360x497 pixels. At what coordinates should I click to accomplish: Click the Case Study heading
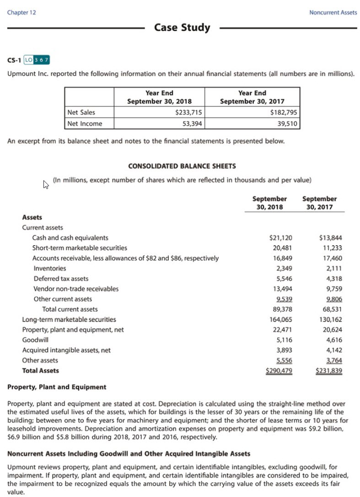(x=182, y=27)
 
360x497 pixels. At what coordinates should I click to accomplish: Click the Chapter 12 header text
(x=21, y=12)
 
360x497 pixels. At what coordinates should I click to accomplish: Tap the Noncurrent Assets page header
(x=333, y=12)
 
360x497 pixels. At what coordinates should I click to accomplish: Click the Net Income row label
(x=85, y=123)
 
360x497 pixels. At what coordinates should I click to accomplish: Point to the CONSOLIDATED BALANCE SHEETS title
(x=182, y=166)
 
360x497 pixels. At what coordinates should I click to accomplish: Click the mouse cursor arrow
(x=46, y=184)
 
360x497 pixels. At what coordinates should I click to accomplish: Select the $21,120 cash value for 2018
(x=281, y=238)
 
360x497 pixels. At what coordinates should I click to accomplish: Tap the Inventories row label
(x=49, y=268)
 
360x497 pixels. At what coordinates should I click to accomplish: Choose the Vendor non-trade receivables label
(x=76, y=289)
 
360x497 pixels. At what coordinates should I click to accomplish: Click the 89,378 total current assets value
(x=282, y=309)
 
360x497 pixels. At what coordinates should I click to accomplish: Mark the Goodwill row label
(x=35, y=340)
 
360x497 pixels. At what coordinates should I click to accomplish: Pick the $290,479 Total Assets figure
(x=279, y=371)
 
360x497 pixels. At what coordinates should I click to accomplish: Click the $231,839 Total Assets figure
(x=329, y=371)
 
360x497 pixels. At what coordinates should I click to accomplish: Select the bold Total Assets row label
(x=40, y=371)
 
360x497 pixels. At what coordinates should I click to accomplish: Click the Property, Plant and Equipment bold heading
(x=57, y=387)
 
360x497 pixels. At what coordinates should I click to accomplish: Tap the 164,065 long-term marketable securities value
(x=281, y=319)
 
